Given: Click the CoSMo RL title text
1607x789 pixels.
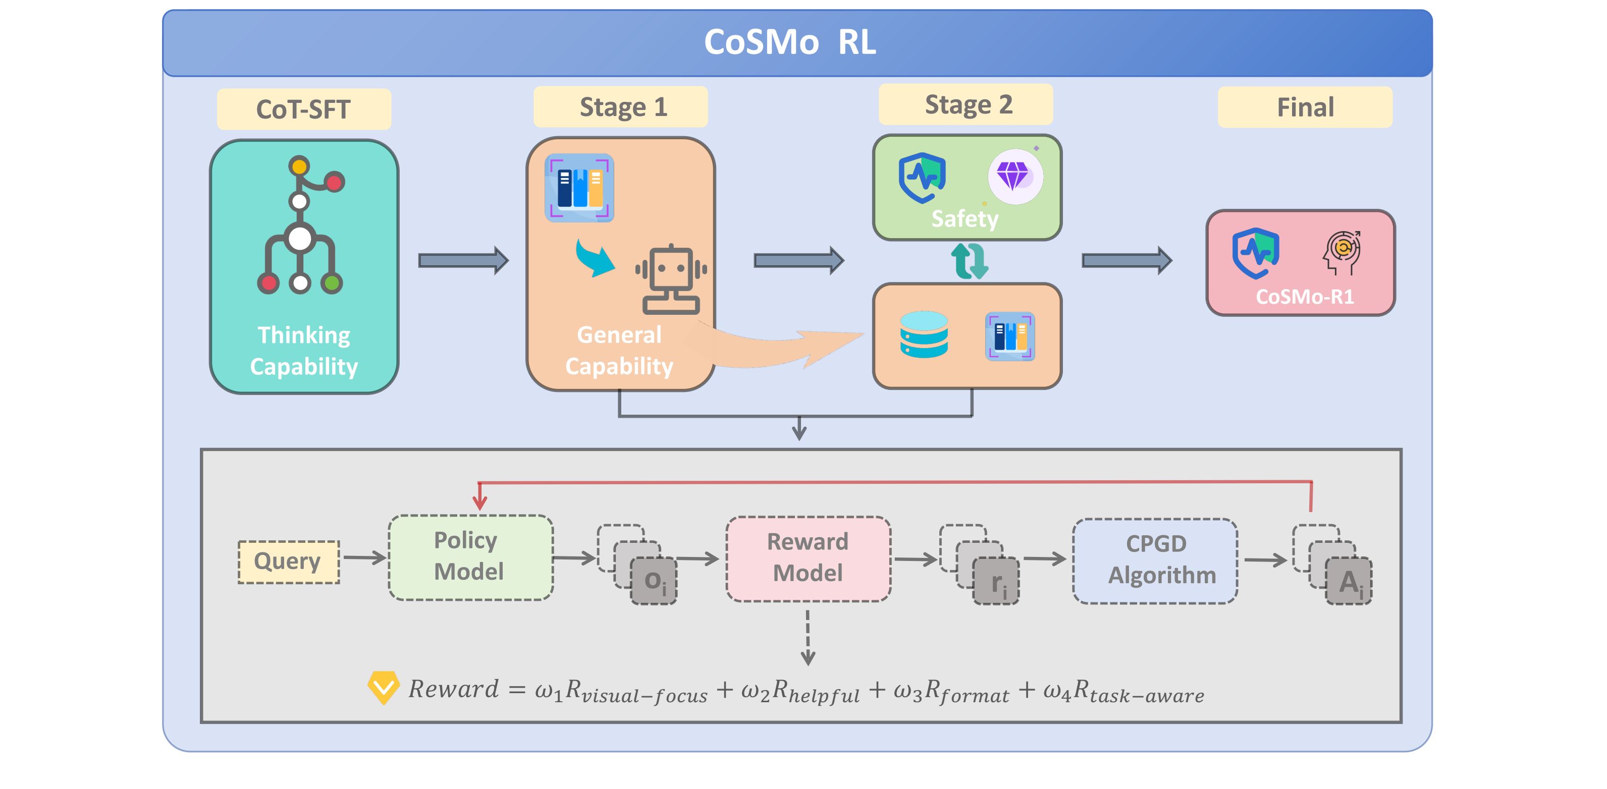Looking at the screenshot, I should pyautogui.click(x=790, y=42).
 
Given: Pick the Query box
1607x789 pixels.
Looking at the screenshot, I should pyautogui.click(x=288, y=561).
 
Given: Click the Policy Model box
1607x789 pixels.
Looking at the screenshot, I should pyautogui.click(x=470, y=557).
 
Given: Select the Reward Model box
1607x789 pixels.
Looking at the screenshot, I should pyautogui.click(x=808, y=558).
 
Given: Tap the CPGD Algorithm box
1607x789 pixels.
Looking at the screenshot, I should pyautogui.click(x=1155, y=560).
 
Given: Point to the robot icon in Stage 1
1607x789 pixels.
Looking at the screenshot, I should pyautogui.click(x=671, y=279).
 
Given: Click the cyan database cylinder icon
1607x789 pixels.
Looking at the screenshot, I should pyautogui.click(x=924, y=334).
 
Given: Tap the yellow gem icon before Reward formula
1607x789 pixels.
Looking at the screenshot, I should pyautogui.click(x=383, y=687).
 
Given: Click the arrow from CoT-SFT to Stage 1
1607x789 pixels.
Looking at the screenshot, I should pyautogui.click(x=463, y=260).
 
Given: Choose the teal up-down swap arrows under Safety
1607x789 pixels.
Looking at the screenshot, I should pyautogui.click(x=969, y=261).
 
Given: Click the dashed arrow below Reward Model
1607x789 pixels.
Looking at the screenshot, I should pyautogui.click(x=808, y=638).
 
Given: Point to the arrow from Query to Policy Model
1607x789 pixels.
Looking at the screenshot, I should pyautogui.click(x=364, y=557).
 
